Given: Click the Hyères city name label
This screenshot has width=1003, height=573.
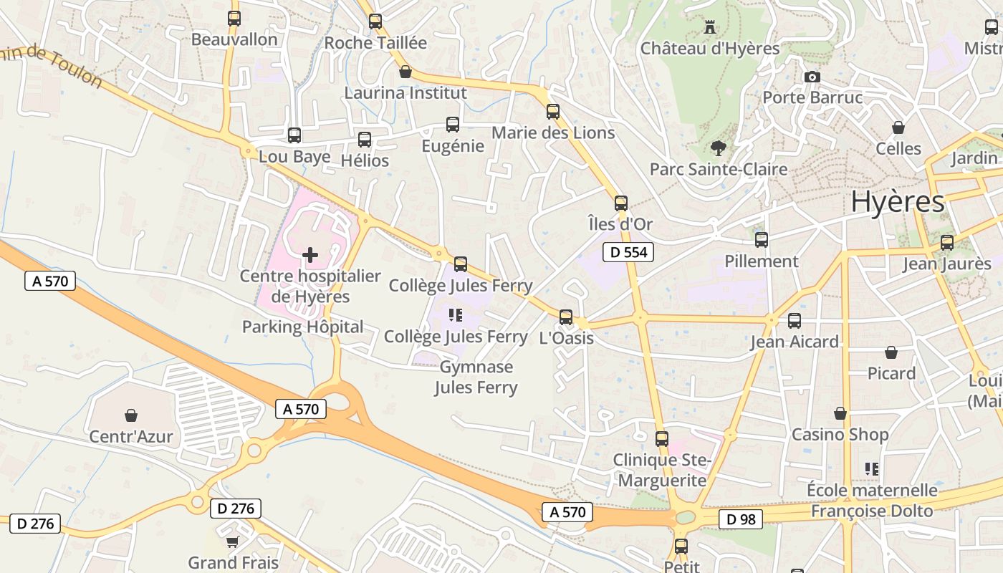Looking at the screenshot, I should pos(898,202).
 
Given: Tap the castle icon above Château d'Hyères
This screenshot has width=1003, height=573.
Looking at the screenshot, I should pos(710,27).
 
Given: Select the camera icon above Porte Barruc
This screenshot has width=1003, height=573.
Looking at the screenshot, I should pos(812,77).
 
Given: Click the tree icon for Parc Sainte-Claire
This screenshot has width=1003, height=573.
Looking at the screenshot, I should pos(718,148).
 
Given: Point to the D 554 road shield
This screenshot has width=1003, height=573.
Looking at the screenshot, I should pos(628,252).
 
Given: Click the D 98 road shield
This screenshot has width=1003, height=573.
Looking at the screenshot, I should pos(740,519).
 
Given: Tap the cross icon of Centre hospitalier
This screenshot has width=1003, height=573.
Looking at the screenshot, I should pos(310,254).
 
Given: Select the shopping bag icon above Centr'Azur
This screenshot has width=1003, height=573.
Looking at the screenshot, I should pos(131,415).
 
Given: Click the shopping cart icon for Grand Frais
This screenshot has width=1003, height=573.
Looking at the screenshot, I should pos(232,541).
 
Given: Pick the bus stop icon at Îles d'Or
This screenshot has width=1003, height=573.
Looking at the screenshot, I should pos(621,203).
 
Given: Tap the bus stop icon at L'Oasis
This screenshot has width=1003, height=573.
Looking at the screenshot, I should pos(566,317).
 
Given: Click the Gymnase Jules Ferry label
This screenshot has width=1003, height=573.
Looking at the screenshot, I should pos(476,377).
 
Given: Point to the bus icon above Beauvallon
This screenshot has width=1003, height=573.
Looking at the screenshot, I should pos(234,19).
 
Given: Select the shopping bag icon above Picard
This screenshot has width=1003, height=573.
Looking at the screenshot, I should pos(891,352).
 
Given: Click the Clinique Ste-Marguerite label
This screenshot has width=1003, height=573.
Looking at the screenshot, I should pos(662,470).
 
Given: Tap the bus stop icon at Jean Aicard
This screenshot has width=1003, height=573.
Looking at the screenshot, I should pos(795,321).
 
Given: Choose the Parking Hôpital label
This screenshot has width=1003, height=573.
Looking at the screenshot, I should pos(302,327).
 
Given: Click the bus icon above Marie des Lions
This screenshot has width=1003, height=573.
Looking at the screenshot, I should pos(553,112).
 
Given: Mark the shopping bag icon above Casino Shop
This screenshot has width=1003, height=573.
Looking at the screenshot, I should pos(840,413).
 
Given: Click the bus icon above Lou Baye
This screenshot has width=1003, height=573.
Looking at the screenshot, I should pos(294,135).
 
